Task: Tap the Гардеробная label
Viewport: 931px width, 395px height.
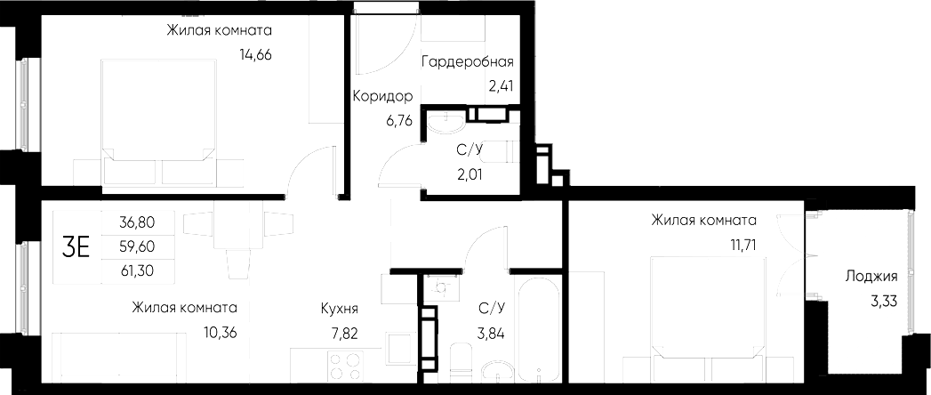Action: click(467, 61)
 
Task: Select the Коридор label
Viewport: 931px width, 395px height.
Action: click(381, 96)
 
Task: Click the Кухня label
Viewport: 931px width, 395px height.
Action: click(340, 309)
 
